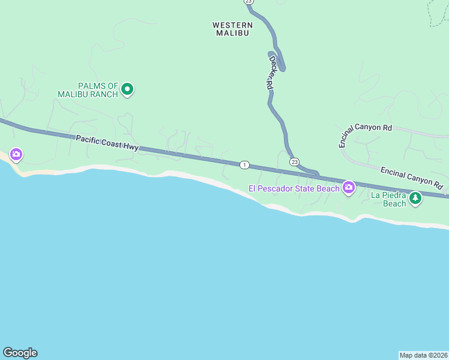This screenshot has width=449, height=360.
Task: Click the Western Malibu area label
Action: pos(232,29)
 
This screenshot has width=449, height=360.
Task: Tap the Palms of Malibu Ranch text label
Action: pos(88,90)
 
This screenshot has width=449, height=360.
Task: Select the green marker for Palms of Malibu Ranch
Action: pos(127,90)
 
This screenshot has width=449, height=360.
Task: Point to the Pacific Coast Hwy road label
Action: pos(107,142)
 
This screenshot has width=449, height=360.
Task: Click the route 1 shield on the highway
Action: pos(244,164)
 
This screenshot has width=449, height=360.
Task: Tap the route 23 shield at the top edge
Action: pos(249,2)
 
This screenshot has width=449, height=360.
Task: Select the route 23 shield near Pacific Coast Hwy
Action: pos(294,162)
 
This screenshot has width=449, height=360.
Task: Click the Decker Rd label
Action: pos(271,73)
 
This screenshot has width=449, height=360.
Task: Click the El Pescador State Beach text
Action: pos(294,189)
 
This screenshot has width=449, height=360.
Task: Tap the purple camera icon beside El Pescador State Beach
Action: pos(348,188)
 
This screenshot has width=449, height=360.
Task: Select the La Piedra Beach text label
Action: pos(388,199)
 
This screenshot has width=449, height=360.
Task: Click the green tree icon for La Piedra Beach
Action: pos(415,198)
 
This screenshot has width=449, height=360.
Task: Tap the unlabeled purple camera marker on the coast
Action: pos(16,155)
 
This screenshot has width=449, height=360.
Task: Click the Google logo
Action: pos(20,353)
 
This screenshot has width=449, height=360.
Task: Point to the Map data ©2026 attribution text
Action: pos(423,355)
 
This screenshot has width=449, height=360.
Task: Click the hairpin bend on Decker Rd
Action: pos(281,67)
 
